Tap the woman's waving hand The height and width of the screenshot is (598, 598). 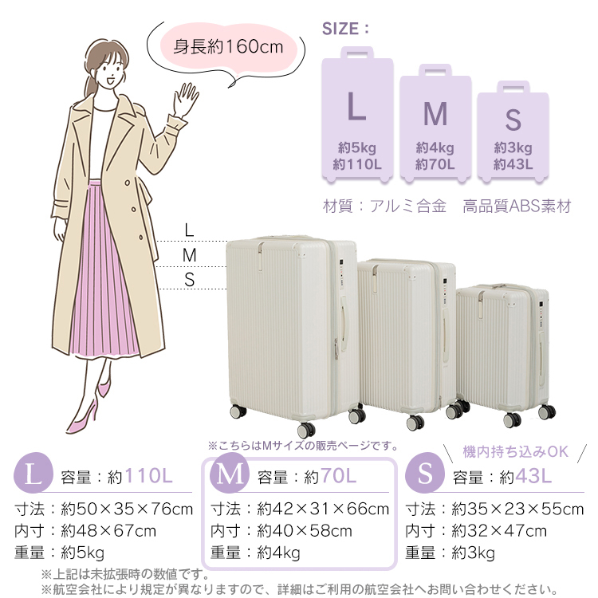[x=185, y=100]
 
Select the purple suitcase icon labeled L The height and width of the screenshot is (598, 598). [x=357, y=114]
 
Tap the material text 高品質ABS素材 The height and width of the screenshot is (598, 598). [x=517, y=207]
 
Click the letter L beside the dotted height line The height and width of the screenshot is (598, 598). [x=189, y=230]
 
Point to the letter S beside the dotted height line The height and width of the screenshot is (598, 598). [x=190, y=280]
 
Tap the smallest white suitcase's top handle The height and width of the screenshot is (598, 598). [x=502, y=285]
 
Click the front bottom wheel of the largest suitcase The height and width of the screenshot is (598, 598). [x=306, y=430]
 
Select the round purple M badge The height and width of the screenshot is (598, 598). [x=230, y=473]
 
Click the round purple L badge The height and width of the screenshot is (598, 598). [x=33, y=473]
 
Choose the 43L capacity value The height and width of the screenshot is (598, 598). [x=533, y=476]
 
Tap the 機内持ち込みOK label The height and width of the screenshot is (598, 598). [x=516, y=451]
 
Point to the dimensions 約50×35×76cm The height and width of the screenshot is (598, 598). [x=127, y=509]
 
